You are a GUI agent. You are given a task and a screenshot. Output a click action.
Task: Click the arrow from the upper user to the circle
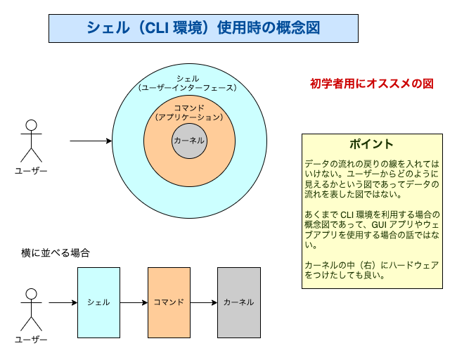(91, 141)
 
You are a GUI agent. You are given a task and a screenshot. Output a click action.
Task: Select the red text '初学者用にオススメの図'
(371, 83)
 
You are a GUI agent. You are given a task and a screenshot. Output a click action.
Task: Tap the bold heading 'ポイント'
(372, 144)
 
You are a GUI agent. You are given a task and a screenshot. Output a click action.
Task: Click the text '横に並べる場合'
(55, 252)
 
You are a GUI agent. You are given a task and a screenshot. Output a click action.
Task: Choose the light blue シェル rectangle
(98, 302)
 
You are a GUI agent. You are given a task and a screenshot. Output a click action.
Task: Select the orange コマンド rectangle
(169, 302)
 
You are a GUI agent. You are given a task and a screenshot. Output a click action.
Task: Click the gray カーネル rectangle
(238, 302)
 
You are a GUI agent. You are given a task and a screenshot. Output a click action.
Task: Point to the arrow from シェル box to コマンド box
(134, 302)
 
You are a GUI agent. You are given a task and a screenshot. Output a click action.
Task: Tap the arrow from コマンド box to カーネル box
(203, 302)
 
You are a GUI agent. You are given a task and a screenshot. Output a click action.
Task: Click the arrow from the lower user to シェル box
(63, 302)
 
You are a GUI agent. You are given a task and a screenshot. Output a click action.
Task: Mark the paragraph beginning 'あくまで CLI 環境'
(372, 229)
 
